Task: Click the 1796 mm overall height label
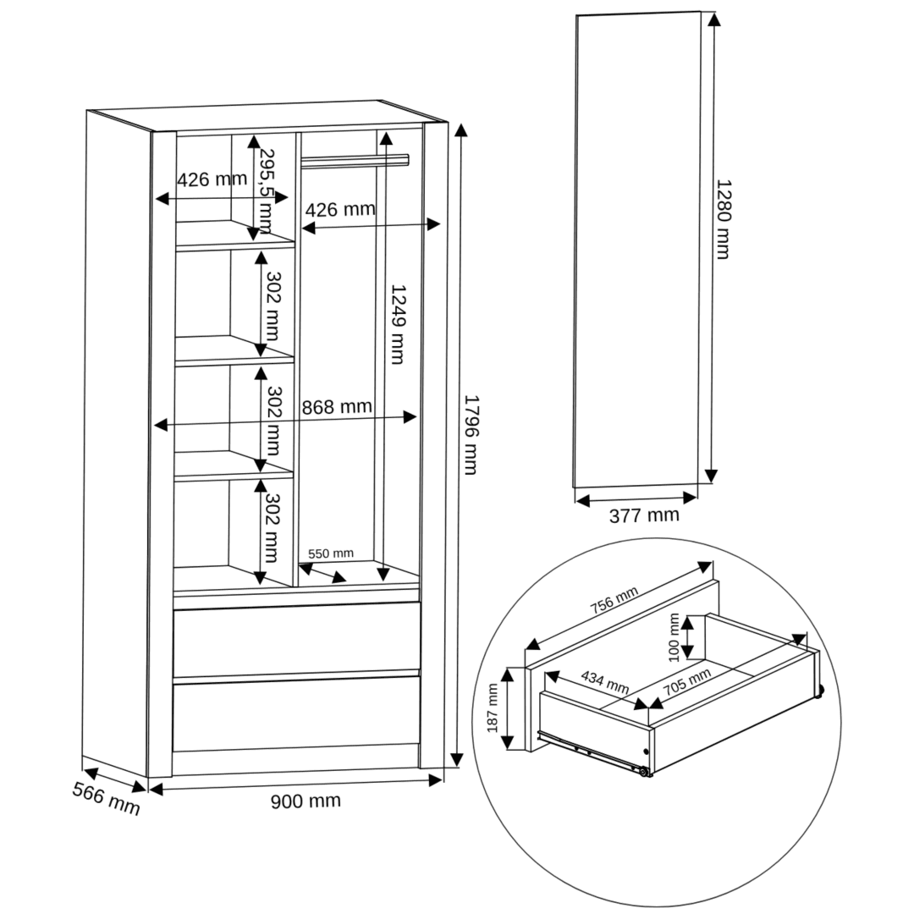(x=471, y=435)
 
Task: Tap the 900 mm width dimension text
(x=306, y=801)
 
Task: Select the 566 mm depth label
(x=106, y=799)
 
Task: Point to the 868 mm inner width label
(x=337, y=406)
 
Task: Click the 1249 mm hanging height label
(x=398, y=324)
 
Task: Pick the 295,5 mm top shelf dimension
(x=266, y=191)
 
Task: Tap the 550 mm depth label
(x=331, y=553)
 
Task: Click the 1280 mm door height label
(x=723, y=218)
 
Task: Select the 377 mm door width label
(x=644, y=515)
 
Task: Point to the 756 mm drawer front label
(x=614, y=600)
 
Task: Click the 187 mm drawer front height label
(x=492, y=708)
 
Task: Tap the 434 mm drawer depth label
(x=605, y=682)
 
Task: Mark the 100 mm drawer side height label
(x=674, y=637)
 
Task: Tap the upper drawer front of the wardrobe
(x=296, y=640)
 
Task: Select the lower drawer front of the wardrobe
(x=296, y=714)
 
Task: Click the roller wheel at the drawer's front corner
(x=643, y=772)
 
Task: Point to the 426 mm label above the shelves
(x=212, y=179)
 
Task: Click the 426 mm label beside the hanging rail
(x=340, y=209)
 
